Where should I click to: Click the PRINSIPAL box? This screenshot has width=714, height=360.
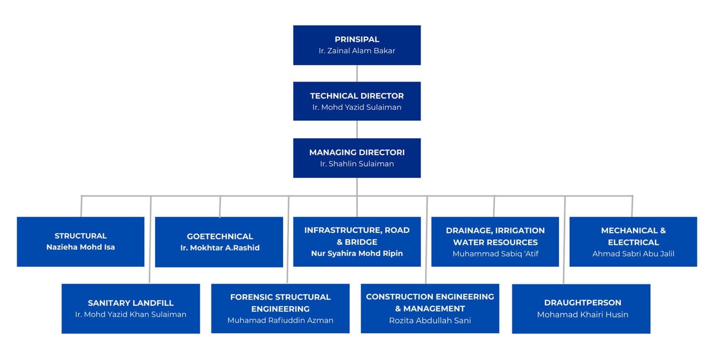click(357, 45)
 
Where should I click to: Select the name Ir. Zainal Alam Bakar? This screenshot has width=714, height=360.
click(357, 50)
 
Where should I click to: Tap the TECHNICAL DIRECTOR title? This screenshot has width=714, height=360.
click(357, 96)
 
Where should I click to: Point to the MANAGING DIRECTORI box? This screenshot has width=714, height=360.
click(357, 158)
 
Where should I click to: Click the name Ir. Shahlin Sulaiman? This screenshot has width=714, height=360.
click(357, 164)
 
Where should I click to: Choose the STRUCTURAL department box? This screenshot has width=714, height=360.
click(80, 241)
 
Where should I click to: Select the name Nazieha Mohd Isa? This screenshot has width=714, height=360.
click(80, 247)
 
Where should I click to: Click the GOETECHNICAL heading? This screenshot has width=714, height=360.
click(219, 236)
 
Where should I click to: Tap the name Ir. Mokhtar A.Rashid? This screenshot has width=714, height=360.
click(219, 248)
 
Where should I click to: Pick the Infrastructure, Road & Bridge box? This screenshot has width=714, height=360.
click(357, 241)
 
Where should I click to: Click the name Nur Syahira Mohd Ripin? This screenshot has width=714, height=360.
click(357, 253)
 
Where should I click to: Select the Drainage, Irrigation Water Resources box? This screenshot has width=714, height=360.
click(495, 241)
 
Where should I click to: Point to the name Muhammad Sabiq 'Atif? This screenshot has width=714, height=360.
click(495, 254)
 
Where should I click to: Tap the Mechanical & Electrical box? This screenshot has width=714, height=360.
click(633, 241)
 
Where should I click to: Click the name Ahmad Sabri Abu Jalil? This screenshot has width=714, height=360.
click(633, 254)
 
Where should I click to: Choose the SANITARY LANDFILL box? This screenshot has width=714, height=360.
click(130, 309)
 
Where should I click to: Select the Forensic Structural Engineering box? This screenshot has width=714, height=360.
click(280, 309)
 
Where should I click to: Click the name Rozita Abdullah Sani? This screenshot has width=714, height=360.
click(430, 320)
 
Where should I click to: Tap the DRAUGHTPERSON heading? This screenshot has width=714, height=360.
click(583, 303)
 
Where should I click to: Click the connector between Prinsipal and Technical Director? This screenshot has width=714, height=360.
click(357, 73)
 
